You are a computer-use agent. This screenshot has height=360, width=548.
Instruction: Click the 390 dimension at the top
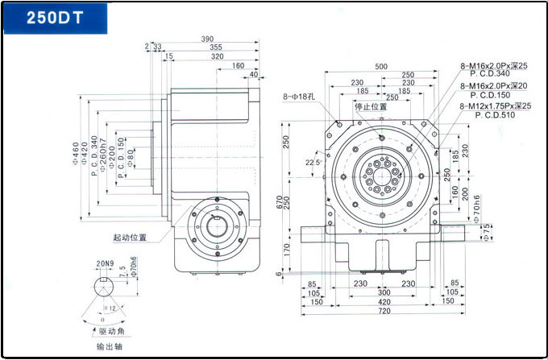[207, 39]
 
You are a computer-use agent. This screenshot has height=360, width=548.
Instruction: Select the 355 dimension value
[215, 48]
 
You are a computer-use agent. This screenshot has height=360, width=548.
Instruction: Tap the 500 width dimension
[381, 66]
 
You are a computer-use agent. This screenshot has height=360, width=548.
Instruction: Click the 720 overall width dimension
[382, 310]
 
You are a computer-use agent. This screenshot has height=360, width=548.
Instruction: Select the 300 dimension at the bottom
[381, 292]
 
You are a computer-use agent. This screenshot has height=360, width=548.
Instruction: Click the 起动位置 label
[130, 238]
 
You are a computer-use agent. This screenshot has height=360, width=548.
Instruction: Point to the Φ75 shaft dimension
[487, 232]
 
